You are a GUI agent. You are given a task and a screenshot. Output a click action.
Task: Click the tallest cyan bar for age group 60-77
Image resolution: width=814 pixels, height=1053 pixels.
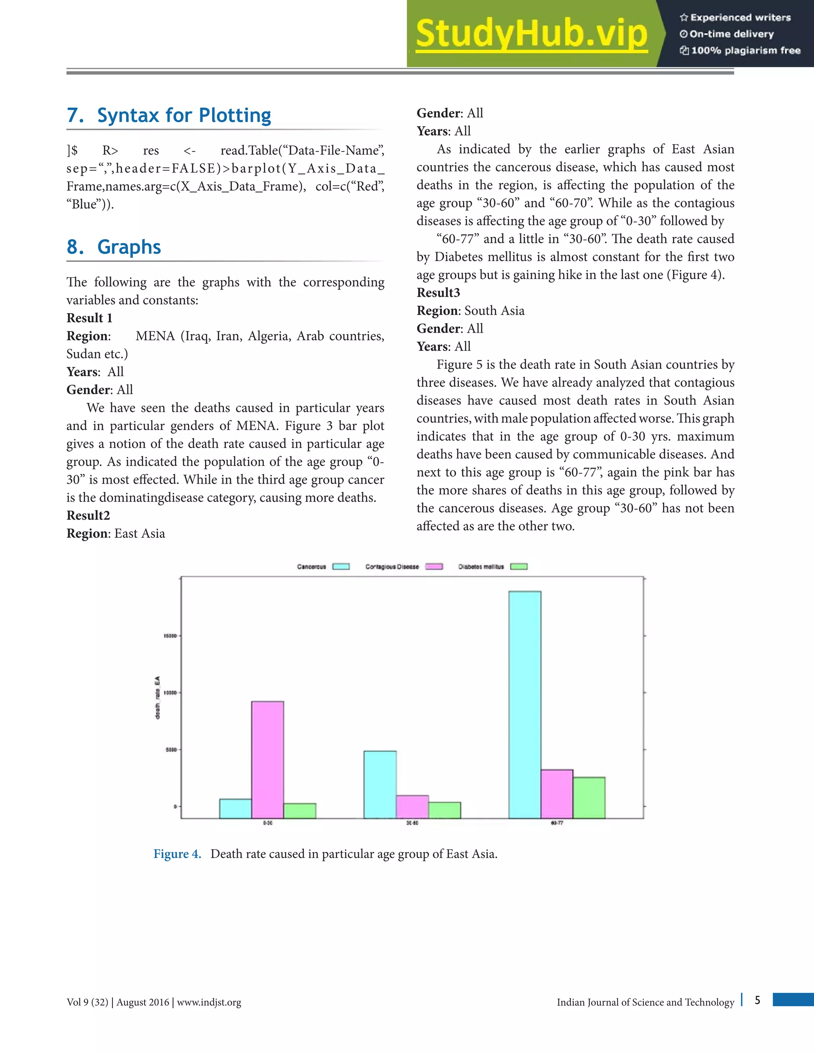(x=525, y=704)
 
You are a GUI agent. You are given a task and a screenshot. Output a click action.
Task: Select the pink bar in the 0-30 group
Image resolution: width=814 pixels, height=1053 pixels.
(x=267, y=759)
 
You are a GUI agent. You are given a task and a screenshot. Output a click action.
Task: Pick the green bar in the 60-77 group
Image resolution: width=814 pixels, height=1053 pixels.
(x=589, y=797)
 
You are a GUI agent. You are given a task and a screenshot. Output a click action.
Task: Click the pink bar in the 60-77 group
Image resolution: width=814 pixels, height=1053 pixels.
(x=556, y=794)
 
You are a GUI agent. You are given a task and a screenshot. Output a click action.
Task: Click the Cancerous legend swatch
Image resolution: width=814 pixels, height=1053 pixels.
(x=341, y=567)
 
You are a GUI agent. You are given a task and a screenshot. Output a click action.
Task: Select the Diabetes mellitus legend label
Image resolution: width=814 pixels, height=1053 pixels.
(x=481, y=567)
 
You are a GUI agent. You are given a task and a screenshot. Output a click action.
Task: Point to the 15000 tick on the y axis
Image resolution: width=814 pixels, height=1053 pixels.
(x=170, y=636)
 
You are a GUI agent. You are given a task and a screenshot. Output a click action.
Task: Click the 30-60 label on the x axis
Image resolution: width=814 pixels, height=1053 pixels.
(x=412, y=823)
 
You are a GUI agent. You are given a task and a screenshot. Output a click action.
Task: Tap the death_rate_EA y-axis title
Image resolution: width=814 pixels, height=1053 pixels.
(x=157, y=698)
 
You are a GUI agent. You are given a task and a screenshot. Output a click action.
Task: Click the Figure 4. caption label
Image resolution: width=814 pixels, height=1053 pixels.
(x=177, y=854)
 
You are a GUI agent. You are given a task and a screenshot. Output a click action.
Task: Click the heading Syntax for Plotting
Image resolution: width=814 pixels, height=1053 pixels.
(x=184, y=115)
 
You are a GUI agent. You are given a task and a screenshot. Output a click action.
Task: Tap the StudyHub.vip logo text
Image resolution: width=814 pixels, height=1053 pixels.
(x=531, y=34)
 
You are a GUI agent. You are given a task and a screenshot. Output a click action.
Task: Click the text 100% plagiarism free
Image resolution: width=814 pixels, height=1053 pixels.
(x=746, y=50)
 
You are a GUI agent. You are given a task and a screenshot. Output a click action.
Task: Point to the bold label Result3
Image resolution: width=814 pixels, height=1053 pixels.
(x=438, y=293)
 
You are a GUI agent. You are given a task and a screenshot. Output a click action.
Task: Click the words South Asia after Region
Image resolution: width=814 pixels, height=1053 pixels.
(x=494, y=310)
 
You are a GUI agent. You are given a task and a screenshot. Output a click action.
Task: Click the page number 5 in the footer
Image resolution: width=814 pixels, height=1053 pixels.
(x=758, y=1001)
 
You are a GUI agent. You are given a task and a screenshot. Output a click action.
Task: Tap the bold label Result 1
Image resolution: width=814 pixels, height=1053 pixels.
(x=89, y=318)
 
